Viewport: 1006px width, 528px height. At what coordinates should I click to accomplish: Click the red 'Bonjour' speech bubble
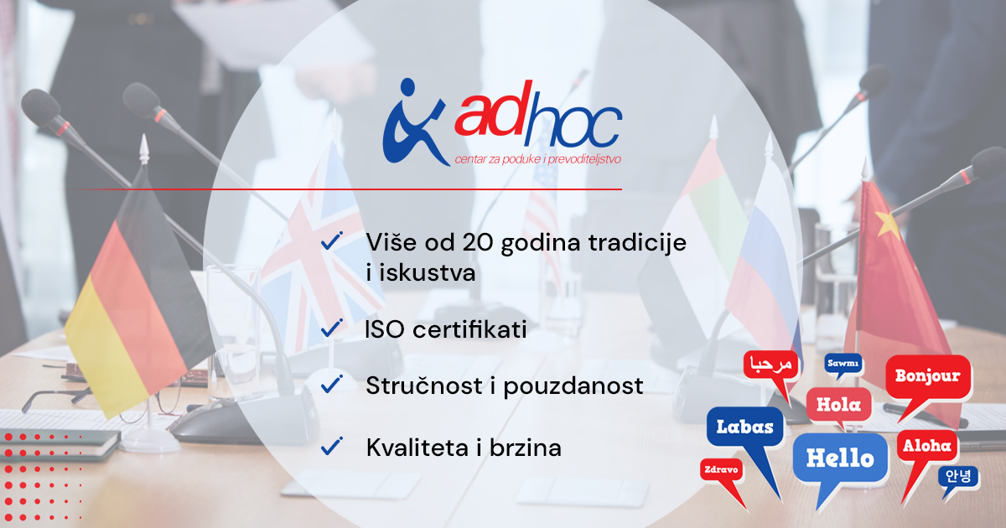pyautogui.click(x=928, y=377)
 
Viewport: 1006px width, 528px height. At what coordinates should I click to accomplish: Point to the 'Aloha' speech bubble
pyautogui.click(x=926, y=446)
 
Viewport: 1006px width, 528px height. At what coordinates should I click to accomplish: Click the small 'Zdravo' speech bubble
pyautogui.click(x=721, y=470)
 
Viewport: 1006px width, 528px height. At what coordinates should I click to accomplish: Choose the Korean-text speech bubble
pyautogui.click(x=958, y=477)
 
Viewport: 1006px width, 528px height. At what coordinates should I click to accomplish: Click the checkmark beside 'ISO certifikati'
pyautogui.click(x=332, y=329)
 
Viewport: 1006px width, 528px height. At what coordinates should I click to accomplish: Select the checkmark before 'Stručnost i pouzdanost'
pyautogui.click(x=332, y=385)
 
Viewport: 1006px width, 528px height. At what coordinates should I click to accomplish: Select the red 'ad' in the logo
pyautogui.click(x=494, y=110)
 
